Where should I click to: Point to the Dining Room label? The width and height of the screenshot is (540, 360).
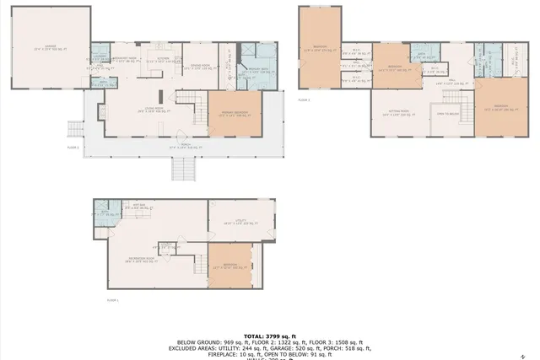(200, 67)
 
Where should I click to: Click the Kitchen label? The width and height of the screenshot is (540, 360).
(164, 59)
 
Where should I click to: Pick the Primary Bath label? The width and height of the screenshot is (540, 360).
(255, 73)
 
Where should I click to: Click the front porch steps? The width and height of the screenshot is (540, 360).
(183, 169)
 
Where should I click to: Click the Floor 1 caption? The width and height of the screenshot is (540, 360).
(113, 299)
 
